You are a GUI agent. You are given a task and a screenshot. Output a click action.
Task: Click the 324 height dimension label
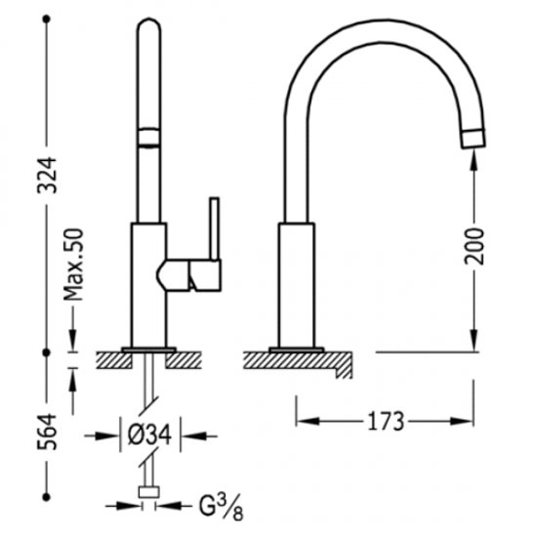[x=47, y=175]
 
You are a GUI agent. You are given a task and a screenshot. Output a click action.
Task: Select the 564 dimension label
[x=47, y=432]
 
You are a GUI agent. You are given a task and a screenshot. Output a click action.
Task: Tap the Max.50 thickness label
[x=73, y=265]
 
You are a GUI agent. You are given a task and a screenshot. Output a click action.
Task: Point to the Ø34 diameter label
[x=149, y=434]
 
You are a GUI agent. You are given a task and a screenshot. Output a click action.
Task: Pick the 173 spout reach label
[x=386, y=421]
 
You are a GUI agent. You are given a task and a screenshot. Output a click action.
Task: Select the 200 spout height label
[x=475, y=247]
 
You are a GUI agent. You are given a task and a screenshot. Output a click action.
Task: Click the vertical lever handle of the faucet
[x=215, y=228]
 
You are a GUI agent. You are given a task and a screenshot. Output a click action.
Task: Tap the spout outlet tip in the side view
[x=474, y=139]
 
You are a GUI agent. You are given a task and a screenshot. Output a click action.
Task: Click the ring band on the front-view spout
[x=148, y=138]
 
